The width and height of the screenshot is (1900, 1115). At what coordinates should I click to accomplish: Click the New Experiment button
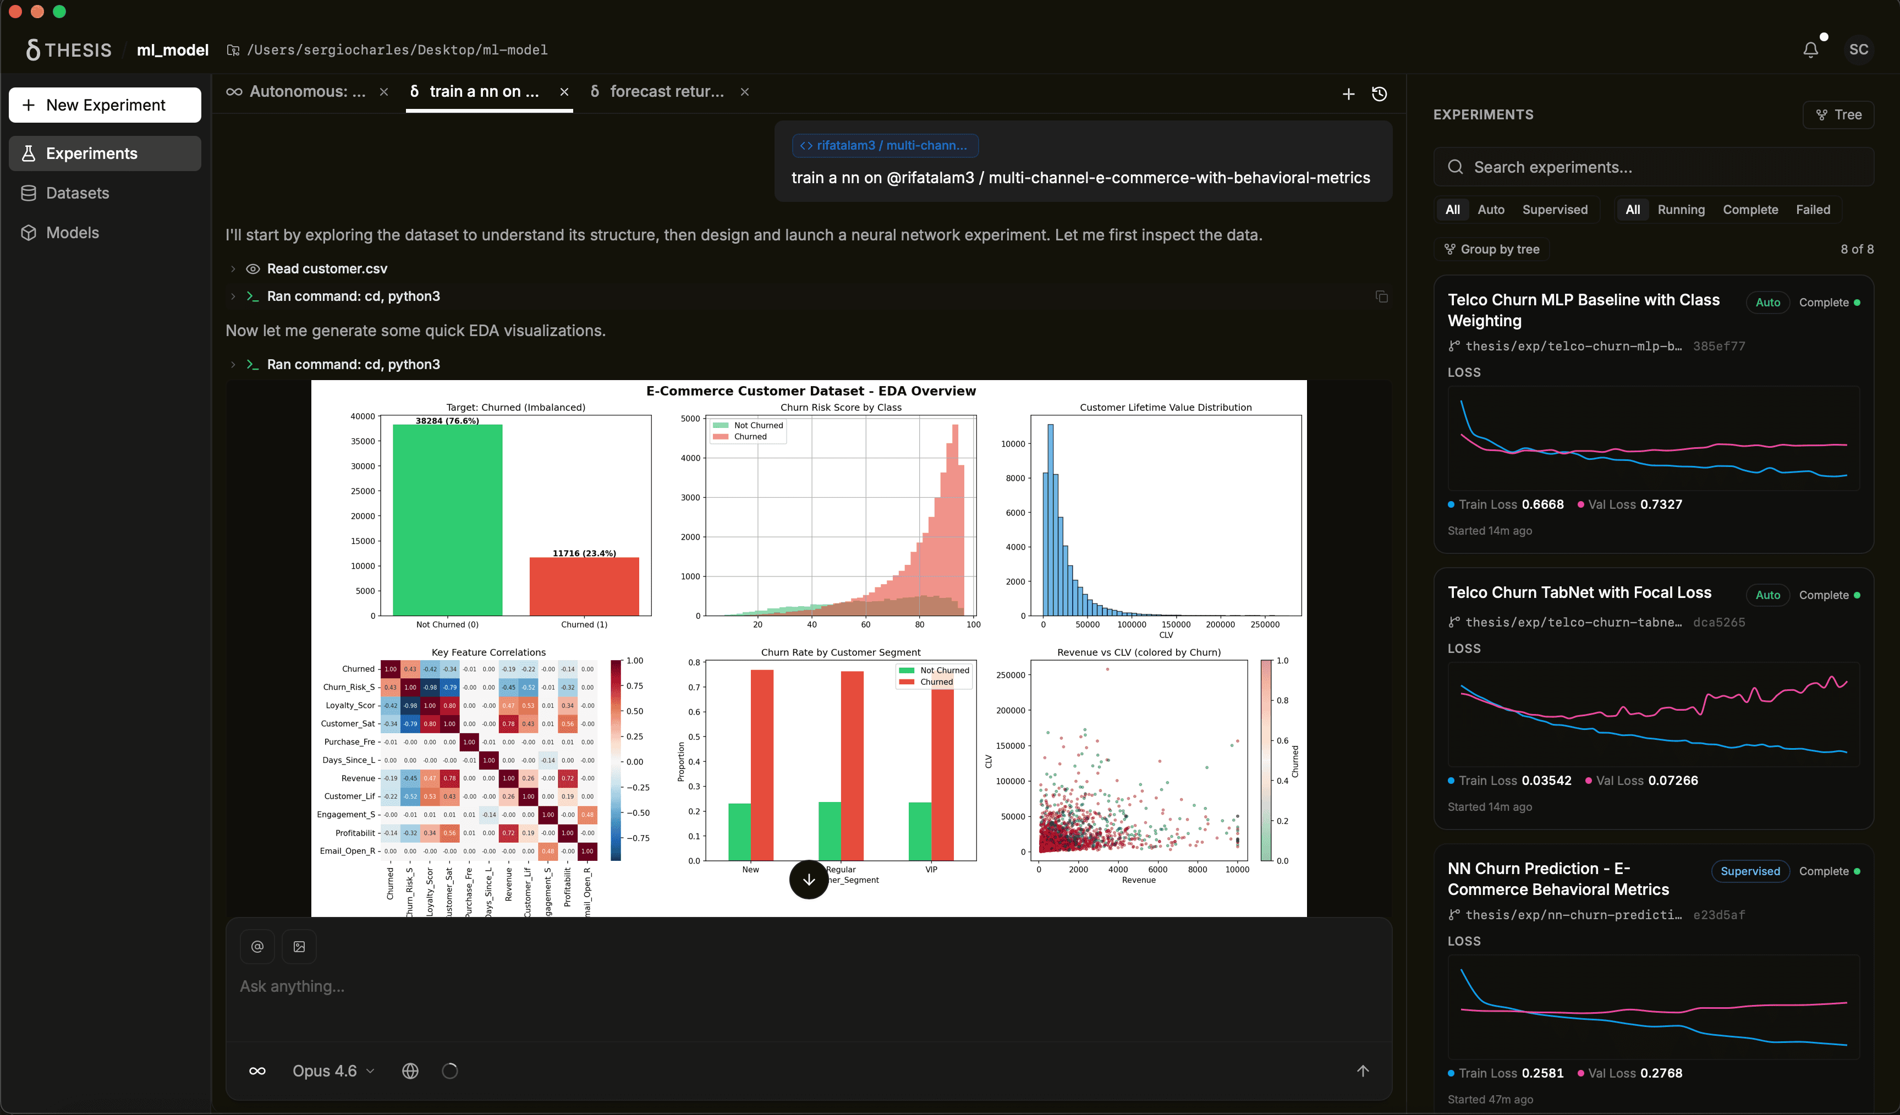pyautogui.click(x=105, y=105)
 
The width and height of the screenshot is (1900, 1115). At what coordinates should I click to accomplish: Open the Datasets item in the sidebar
pyautogui.click(x=77, y=193)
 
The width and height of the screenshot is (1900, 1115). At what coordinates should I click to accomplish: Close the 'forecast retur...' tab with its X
pyautogui.click(x=744, y=92)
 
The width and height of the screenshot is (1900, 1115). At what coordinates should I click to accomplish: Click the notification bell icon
pyautogui.click(x=1810, y=50)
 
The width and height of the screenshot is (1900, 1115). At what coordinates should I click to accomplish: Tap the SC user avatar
pyautogui.click(x=1859, y=50)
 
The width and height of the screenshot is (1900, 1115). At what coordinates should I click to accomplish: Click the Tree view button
pyautogui.click(x=1838, y=114)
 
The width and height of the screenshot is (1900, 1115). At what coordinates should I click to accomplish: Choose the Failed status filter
pyautogui.click(x=1813, y=210)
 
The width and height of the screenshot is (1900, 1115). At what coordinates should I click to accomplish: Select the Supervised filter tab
pyautogui.click(x=1554, y=210)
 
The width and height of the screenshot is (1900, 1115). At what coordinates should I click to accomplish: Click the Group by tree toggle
pyautogui.click(x=1491, y=250)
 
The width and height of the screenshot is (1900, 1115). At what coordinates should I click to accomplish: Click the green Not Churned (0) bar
pyautogui.click(x=447, y=520)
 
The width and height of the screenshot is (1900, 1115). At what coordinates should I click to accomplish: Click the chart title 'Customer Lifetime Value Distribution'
pyautogui.click(x=1165, y=407)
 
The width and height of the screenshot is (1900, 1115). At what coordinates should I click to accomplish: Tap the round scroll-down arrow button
pyautogui.click(x=808, y=879)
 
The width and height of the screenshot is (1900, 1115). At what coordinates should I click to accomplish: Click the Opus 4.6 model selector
pyautogui.click(x=332, y=1070)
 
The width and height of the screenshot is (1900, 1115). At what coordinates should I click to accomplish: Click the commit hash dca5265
pyautogui.click(x=1718, y=622)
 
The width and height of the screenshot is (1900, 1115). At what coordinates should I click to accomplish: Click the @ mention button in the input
pyautogui.click(x=257, y=946)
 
